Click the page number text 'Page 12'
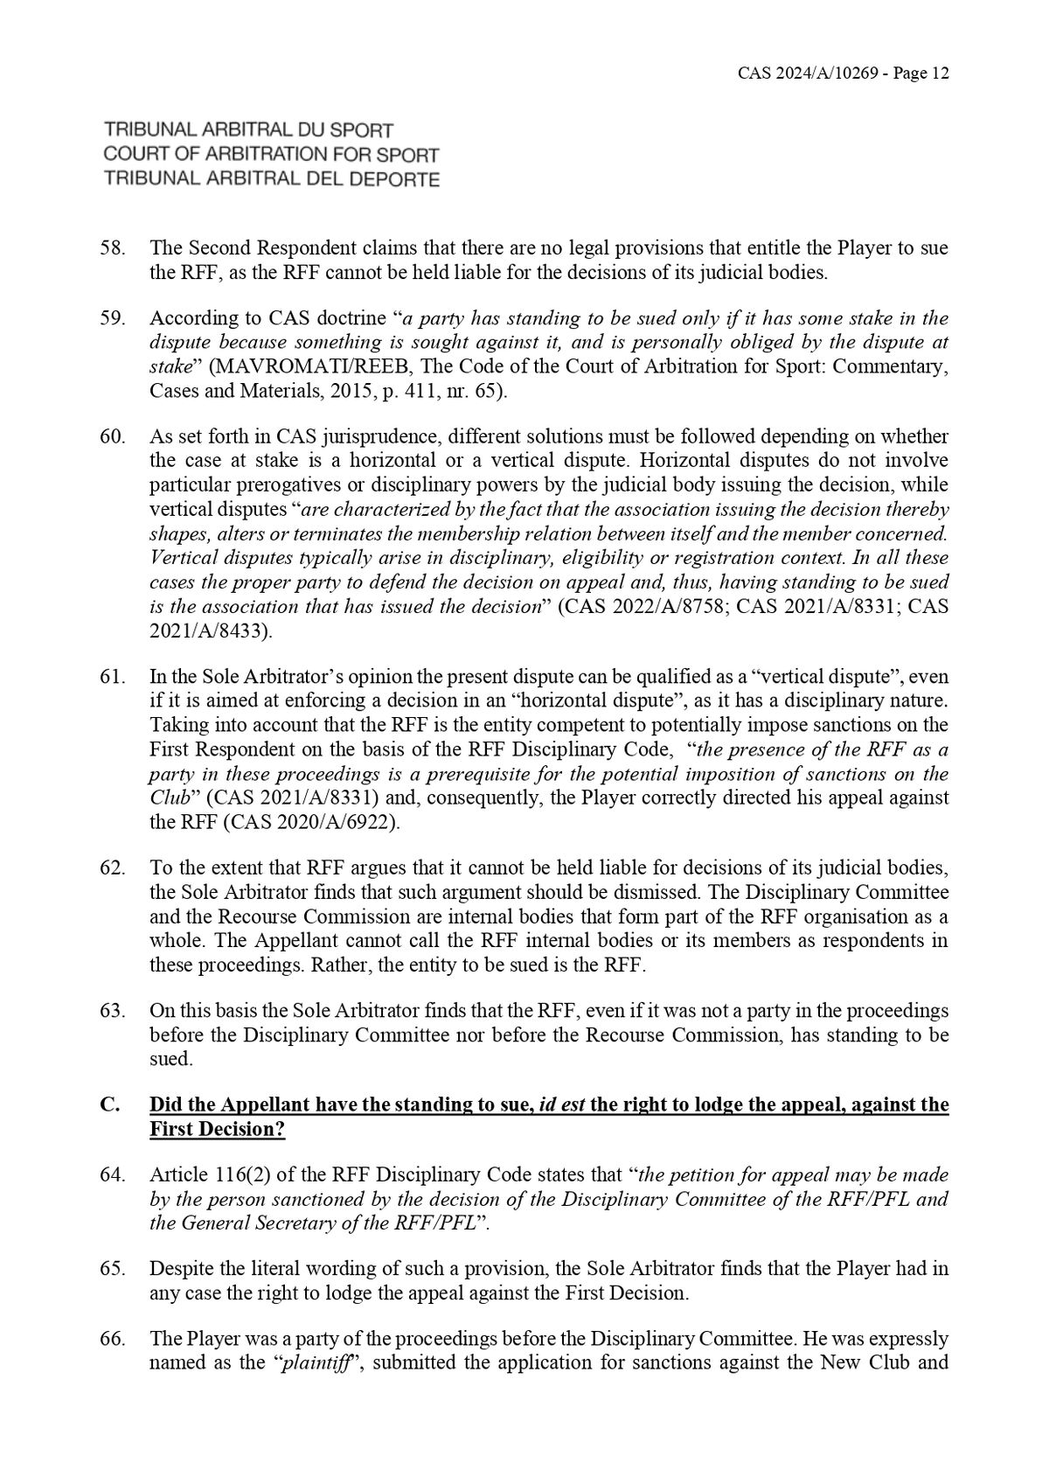click(917, 73)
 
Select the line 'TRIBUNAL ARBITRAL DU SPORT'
click(248, 130)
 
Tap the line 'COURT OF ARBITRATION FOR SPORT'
click(271, 155)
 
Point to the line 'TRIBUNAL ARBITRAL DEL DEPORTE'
click(271, 179)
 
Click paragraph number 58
click(113, 248)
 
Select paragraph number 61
click(113, 677)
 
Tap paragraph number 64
click(113, 1174)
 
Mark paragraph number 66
click(113, 1339)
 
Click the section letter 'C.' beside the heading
click(110, 1104)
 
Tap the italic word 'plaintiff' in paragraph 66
click(312, 1363)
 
